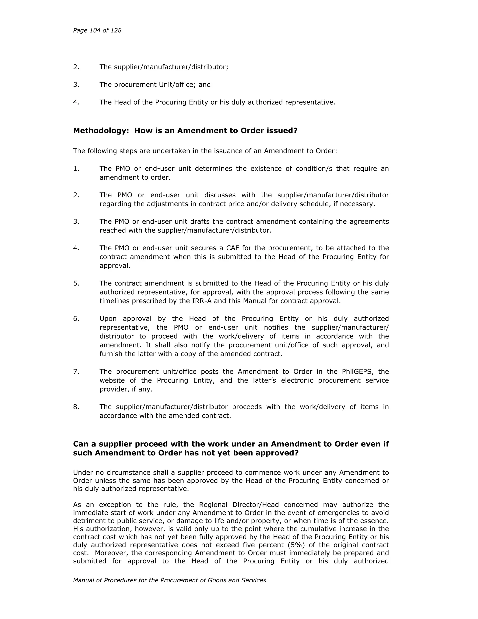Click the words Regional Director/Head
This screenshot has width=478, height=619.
(239, 505)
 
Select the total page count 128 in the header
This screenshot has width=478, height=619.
(116, 30)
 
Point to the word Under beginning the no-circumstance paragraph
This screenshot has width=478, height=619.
(82, 473)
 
